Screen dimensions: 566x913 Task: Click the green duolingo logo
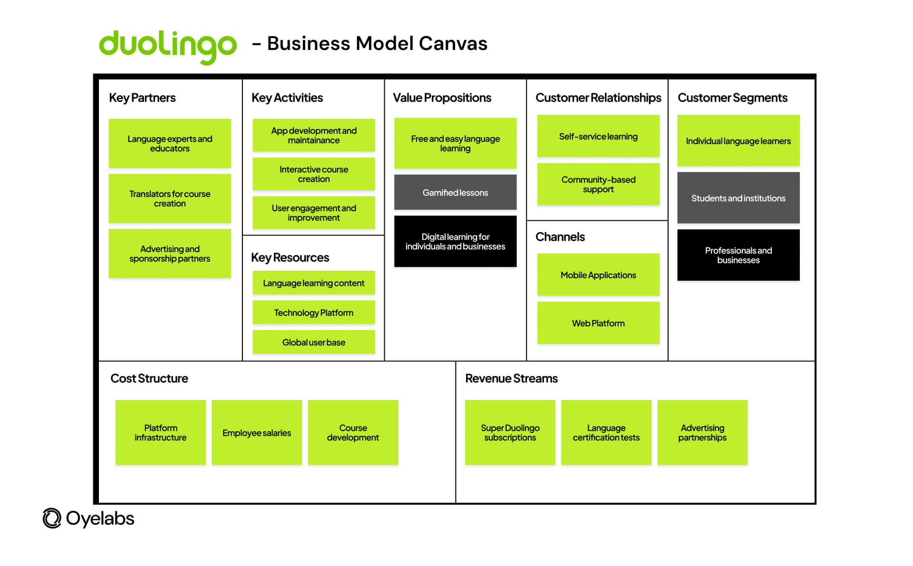coord(167,46)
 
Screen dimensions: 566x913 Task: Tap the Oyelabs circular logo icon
coord(52,518)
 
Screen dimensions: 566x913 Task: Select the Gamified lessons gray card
coord(455,192)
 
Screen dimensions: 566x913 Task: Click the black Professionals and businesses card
coord(738,255)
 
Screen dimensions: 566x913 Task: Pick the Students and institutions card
coord(738,198)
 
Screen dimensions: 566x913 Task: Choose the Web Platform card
coord(598,323)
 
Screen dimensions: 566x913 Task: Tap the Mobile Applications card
coord(598,275)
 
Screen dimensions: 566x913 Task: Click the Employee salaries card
coord(256,432)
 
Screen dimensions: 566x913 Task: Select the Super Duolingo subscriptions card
coord(510,432)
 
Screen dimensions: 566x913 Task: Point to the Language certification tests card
coord(606,432)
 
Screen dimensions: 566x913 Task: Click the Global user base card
coord(313,342)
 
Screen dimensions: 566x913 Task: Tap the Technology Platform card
coord(313,312)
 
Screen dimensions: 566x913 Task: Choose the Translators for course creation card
coord(170,198)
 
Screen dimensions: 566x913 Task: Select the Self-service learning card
coord(598,136)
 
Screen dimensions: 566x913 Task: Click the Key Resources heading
coord(290,257)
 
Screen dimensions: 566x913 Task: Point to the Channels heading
coord(560,236)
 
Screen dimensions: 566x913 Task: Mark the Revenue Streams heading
coord(511,378)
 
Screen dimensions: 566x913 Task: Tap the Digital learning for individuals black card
coord(455,241)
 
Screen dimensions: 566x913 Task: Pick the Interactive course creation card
coord(313,174)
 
